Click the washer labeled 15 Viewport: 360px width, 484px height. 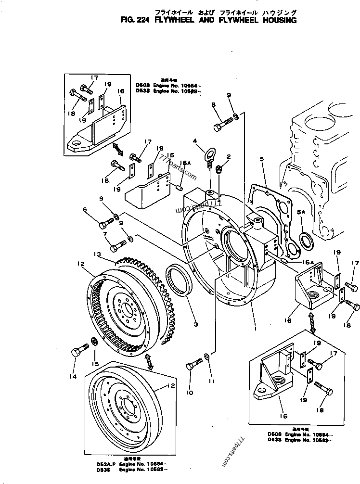pos(95,342)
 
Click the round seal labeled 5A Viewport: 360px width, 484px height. pos(304,239)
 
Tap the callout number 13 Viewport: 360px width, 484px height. pos(97,254)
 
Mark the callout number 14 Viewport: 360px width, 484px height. pos(73,377)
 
